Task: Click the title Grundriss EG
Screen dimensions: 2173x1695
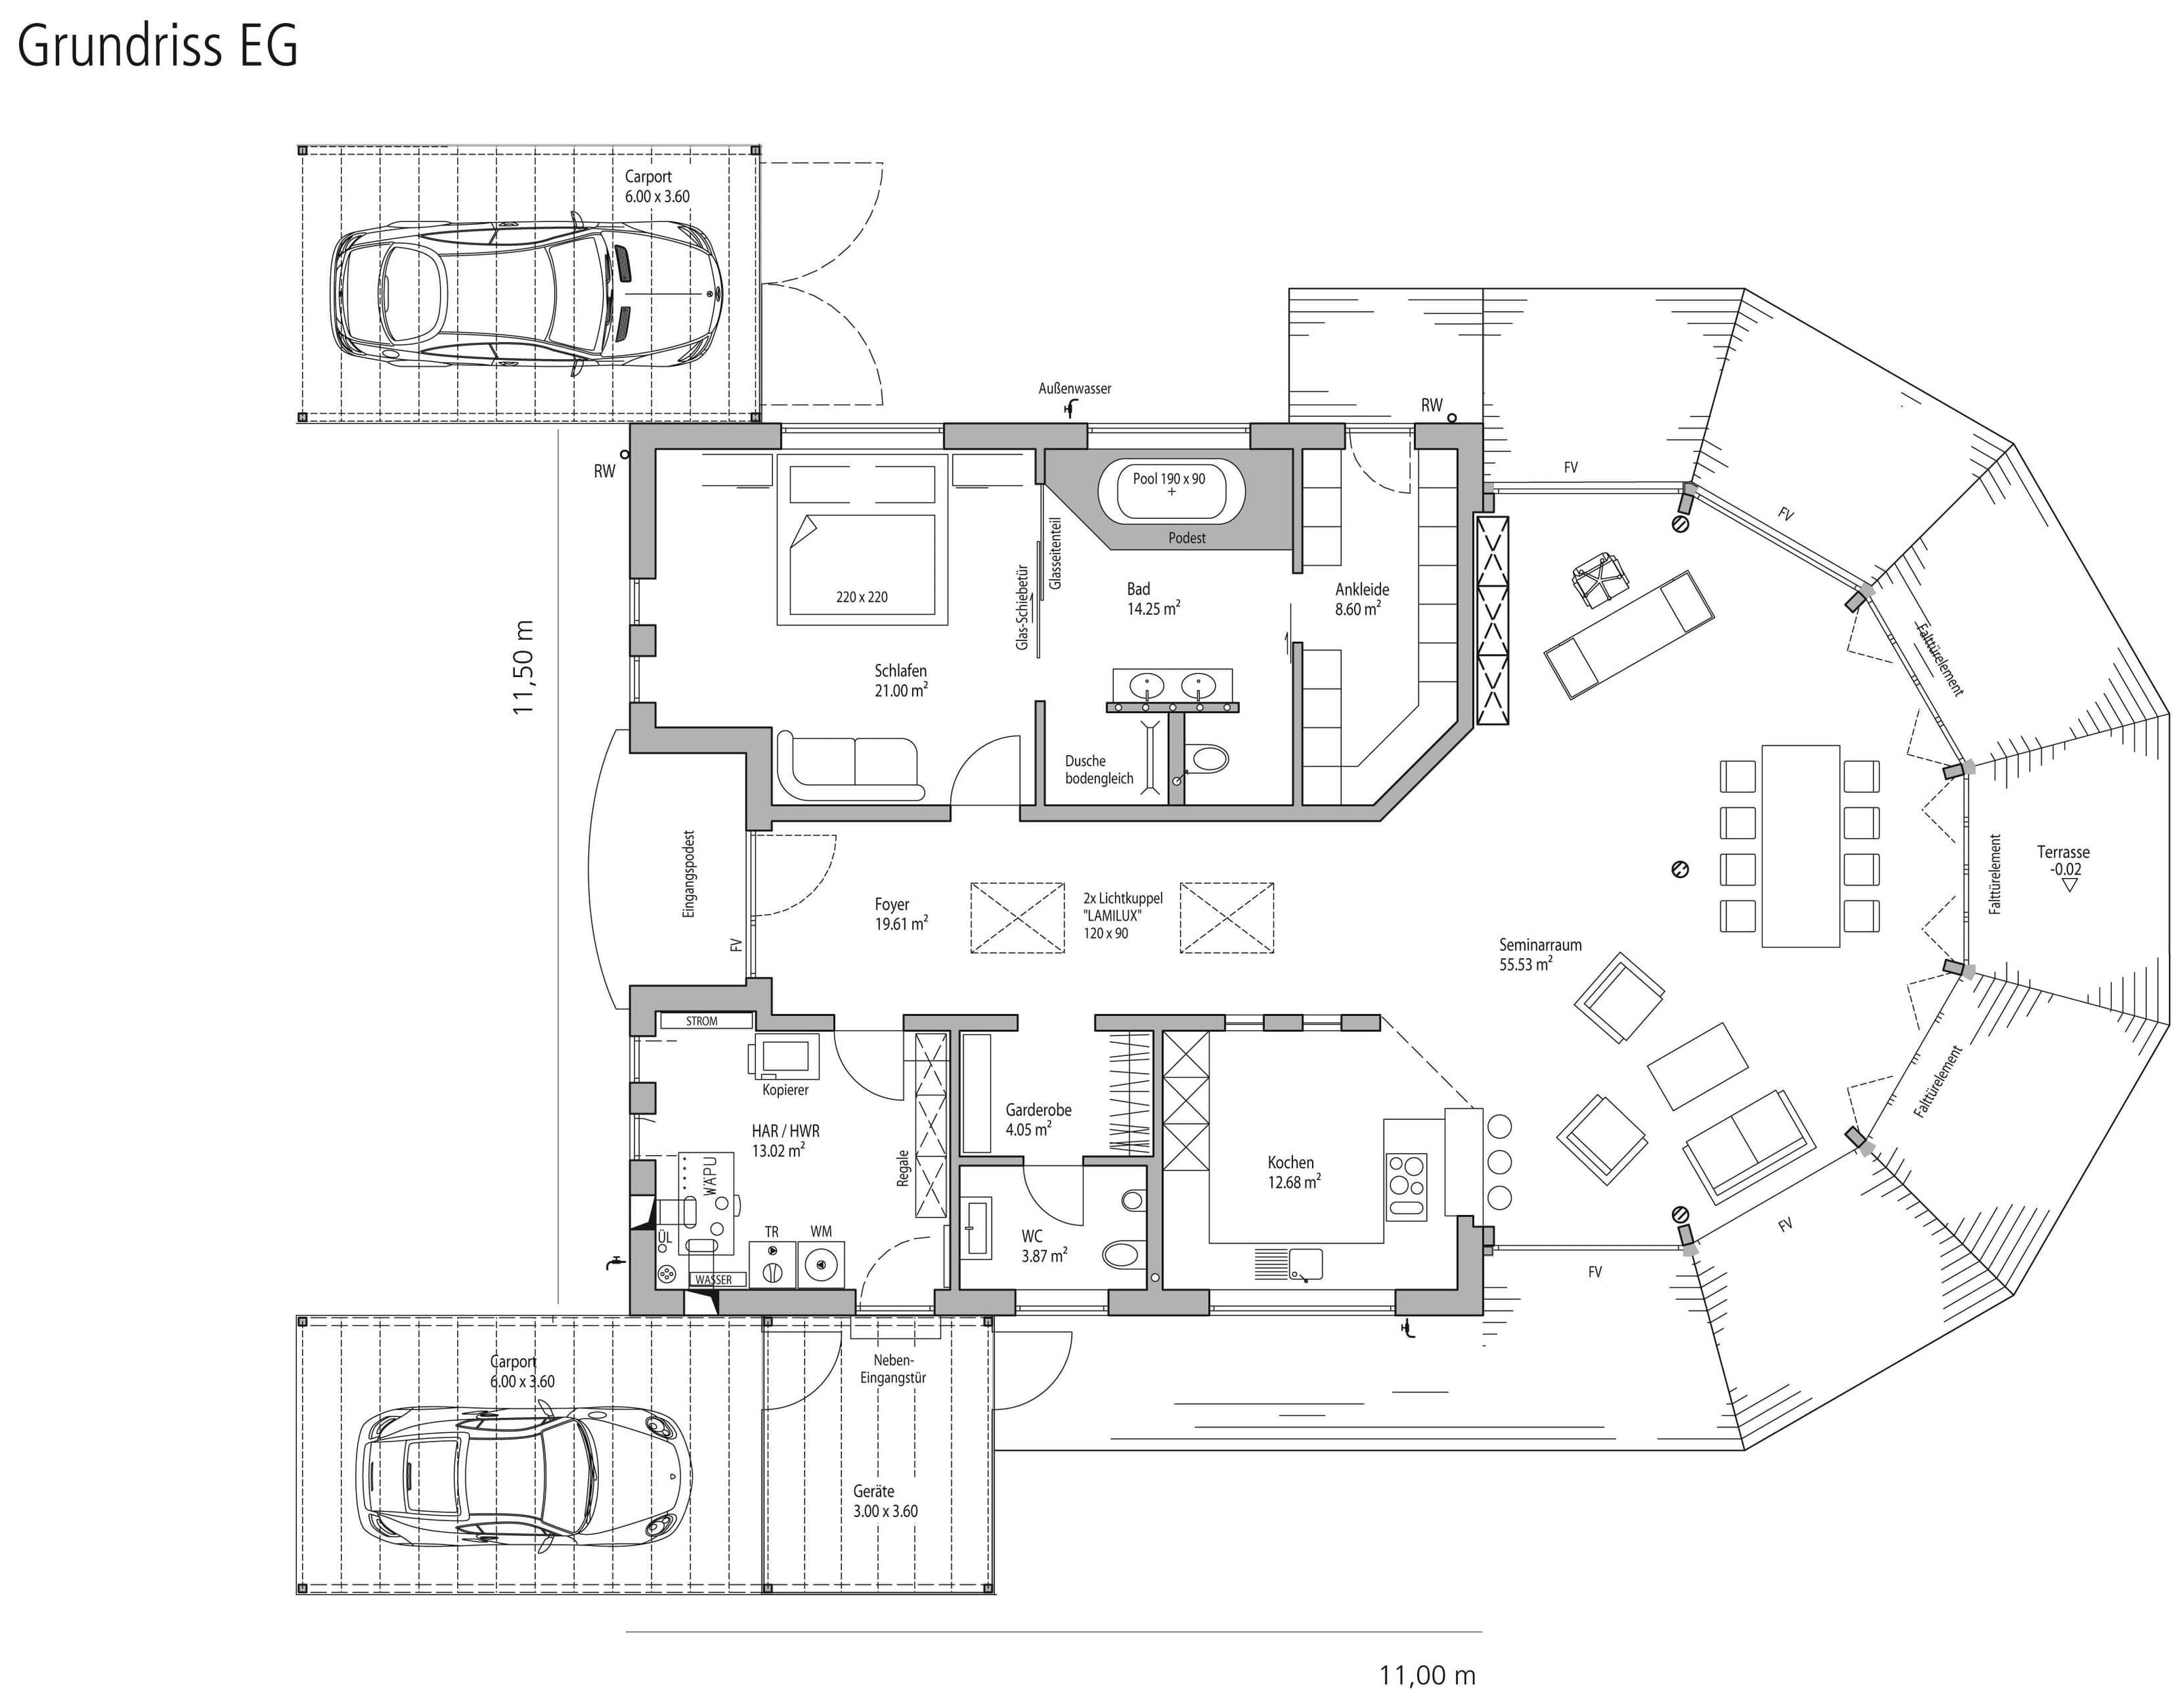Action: pos(158,45)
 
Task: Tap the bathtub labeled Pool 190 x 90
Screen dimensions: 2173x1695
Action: pos(1169,490)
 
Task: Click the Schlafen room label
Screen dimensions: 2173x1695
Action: pos(900,680)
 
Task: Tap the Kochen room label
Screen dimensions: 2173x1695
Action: pos(1292,1172)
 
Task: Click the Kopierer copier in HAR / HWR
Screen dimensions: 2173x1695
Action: pos(787,1057)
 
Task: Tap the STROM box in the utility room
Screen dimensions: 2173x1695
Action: pos(701,1021)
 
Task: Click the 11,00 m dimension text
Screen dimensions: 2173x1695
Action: pos(1427,1675)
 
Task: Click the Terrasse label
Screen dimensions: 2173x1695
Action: pos(2062,860)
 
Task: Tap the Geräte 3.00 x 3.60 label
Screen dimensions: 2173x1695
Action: pos(885,1500)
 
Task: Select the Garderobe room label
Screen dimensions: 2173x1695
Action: pos(1038,1119)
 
